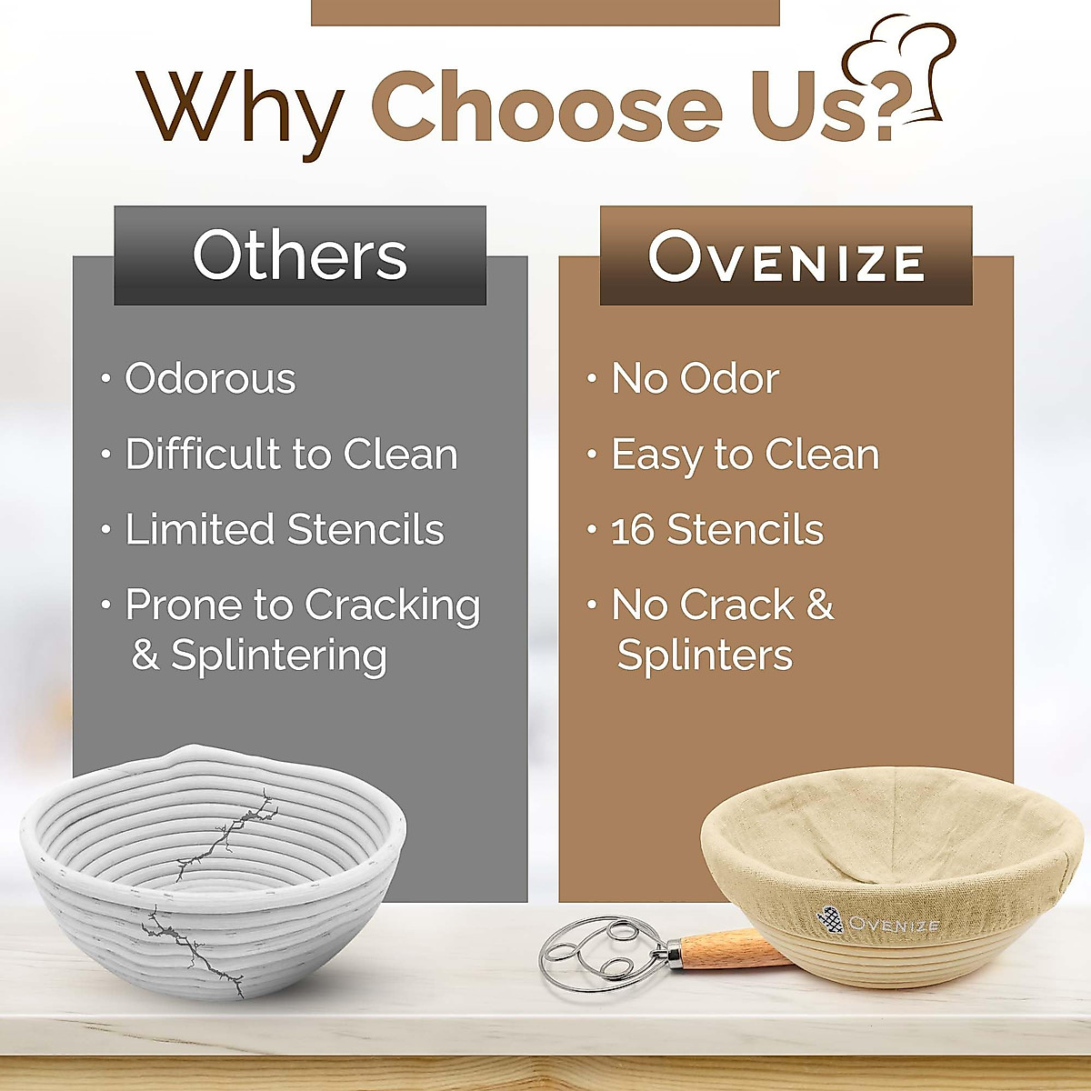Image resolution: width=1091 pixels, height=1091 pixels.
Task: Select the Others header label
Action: pyautogui.click(x=299, y=255)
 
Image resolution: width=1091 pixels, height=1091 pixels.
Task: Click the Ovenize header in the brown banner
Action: pyautogui.click(x=786, y=256)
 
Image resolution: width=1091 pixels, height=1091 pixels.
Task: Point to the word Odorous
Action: pyautogui.click(x=210, y=378)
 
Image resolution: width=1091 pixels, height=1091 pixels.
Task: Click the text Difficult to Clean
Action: pyautogui.click(x=291, y=454)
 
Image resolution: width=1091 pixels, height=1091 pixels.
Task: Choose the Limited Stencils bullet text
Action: pyautogui.click(x=285, y=529)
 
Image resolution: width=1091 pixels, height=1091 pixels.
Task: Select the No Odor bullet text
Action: pyautogui.click(x=696, y=378)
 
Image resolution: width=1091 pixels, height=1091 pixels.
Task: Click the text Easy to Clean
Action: pyautogui.click(x=746, y=455)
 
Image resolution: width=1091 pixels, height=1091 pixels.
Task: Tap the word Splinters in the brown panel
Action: pyautogui.click(x=705, y=655)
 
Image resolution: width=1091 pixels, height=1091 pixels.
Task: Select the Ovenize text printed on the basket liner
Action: pyautogui.click(x=895, y=924)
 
